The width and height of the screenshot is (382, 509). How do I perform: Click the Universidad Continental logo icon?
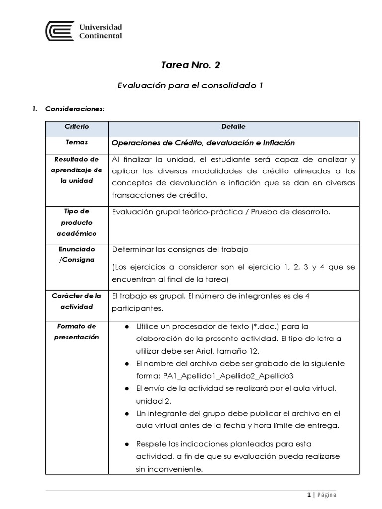(59, 31)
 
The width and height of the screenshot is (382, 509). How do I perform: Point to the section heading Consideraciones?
(75, 109)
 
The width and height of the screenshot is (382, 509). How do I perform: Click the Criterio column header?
(77, 127)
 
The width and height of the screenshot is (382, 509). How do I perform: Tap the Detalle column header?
(233, 127)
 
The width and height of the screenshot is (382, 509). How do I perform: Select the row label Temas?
(77, 142)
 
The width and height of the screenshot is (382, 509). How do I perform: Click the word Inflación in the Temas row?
(277, 143)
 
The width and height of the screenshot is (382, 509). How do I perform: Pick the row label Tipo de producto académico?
(77, 222)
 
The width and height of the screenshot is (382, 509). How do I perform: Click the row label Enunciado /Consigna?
(77, 254)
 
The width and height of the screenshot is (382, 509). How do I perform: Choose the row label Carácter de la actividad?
(77, 301)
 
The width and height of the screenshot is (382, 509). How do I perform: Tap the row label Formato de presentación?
(77, 332)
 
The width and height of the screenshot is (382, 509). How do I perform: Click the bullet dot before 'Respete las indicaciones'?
(127, 443)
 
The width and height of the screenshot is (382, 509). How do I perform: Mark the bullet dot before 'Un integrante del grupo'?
(127, 413)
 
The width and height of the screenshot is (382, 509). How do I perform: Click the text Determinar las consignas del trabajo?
(180, 249)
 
